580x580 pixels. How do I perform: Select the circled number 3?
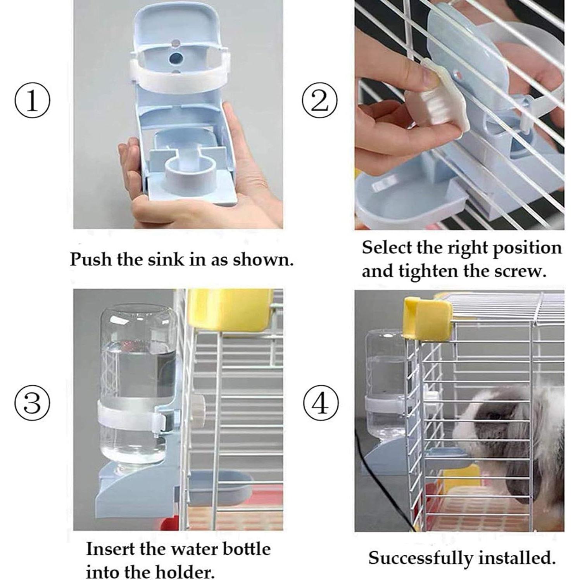[32, 403]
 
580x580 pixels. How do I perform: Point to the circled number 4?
[319, 403]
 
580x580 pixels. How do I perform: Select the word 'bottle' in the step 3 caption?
[247, 549]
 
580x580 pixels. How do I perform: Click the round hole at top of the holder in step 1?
[176, 59]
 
